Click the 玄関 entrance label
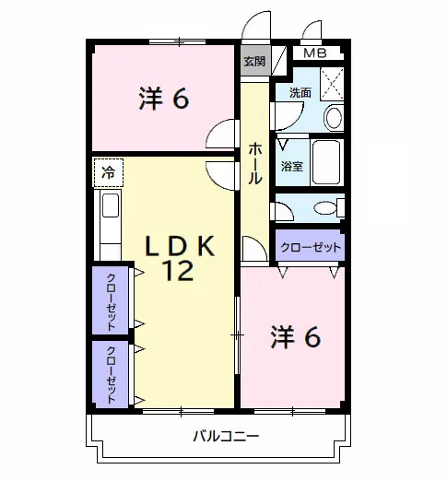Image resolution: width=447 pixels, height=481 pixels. (x=254, y=62)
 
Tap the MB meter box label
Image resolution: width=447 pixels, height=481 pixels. (x=315, y=53)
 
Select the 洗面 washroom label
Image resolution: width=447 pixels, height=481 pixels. (x=300, y=93)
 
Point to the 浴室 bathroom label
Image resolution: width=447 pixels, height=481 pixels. (x=292, y=166)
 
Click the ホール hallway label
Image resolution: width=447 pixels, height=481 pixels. (x=254, y=163)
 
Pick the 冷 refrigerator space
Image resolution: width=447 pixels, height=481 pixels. (x=109, y=173)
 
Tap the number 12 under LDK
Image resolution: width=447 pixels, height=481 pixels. (x=179, y=270)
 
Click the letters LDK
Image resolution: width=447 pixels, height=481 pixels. (x=180, y=246)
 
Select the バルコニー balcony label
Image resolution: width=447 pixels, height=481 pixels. (x=226, y=436)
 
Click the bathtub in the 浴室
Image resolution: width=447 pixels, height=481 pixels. (x=327, y=162)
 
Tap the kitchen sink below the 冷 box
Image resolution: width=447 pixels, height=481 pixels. (x=111, y=205)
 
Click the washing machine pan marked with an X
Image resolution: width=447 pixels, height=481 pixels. (x=332, y=84)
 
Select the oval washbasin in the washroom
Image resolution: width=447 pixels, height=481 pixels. (x=334, y=118)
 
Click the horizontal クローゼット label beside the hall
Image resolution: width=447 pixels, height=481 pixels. (x=311, y=247)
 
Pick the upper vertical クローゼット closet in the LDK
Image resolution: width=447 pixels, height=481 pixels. (x=111, y=300)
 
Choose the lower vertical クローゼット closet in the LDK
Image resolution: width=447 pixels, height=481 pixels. (x=111, y=374)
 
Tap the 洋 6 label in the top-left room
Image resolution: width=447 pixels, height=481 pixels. (x=164, y=99)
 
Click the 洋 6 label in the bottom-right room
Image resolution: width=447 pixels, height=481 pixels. (x=295, y=337)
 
